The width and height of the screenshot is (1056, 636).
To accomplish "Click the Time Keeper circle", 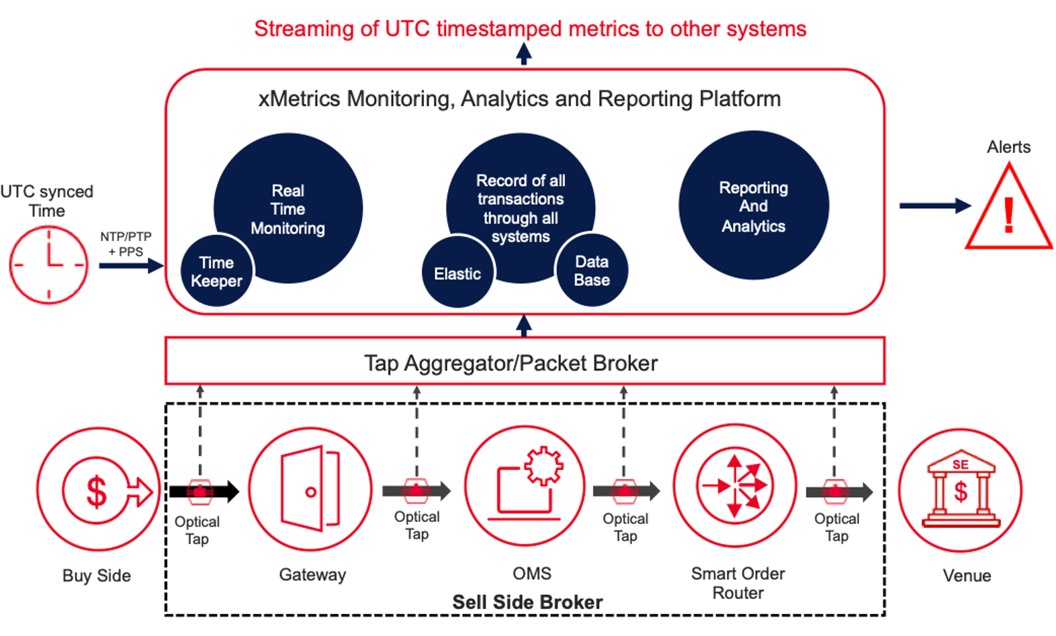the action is [217, 271].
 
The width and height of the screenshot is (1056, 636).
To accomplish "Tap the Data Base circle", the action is [592, 270].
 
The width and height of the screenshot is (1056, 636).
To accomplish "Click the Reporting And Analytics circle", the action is [753, 206].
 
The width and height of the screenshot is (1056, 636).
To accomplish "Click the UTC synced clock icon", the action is [48, 265].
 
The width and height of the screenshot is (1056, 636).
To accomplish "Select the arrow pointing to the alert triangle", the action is [935, 206].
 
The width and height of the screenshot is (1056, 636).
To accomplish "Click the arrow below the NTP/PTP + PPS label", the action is [131, 265].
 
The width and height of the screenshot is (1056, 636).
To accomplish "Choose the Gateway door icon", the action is [310, 488].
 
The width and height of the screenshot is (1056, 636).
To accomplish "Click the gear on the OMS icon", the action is [543, 466].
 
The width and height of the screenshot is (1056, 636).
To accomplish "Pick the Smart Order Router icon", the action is [735, 485].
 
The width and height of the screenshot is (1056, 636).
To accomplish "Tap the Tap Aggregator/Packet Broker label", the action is [511, 363].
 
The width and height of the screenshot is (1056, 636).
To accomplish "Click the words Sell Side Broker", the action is [527, 602].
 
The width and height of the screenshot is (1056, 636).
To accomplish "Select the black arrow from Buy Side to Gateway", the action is [204, 492].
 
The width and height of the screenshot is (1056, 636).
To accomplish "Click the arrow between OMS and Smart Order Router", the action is [627, 491].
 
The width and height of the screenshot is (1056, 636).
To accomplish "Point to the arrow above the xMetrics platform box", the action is [524, 53].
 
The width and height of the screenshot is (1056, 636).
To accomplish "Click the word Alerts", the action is [1009, 147].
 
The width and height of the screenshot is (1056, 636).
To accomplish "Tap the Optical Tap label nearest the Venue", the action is [837, 527].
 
